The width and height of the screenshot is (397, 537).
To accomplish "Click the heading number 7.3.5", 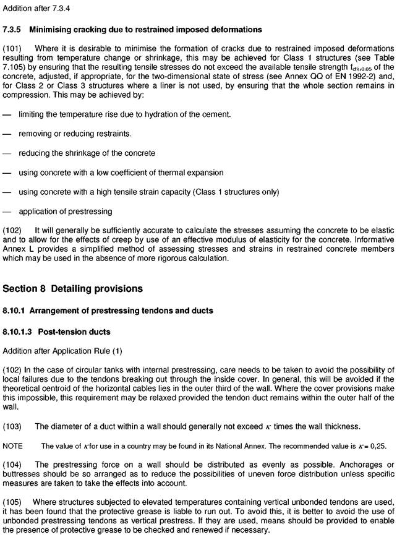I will pyautogui.click(x=12, y=30).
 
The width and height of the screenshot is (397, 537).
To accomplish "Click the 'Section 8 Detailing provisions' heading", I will pyautogui.click(x=73, y=289).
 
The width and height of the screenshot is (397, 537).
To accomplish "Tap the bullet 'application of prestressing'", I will pyautogui.click(x=66, y=211).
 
